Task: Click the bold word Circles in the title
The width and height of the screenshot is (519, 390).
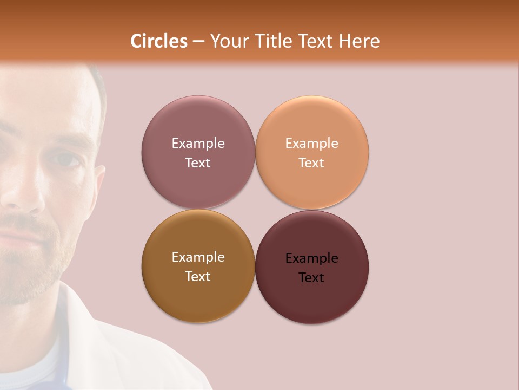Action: pos(159,41)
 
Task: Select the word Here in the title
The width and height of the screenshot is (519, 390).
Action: pos(360,41)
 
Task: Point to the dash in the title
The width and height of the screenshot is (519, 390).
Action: pos(198,42)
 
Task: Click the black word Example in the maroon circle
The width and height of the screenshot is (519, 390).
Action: pos(312,258)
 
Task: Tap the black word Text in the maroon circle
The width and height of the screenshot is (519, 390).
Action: pos(311,278)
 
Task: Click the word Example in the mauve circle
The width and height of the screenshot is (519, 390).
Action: pos(198,144)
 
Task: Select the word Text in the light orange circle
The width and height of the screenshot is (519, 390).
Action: pos(311,163)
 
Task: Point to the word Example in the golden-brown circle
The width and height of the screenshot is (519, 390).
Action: pos(198,257)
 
